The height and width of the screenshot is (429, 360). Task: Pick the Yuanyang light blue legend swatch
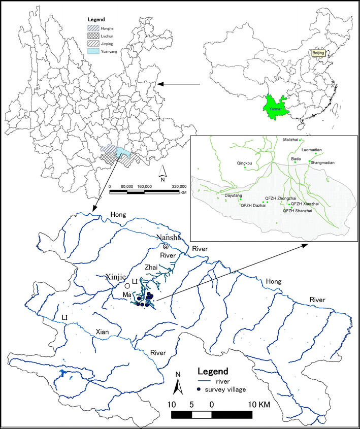click(x=92, y=51)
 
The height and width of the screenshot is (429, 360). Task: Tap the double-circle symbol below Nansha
click(x=166, y=246)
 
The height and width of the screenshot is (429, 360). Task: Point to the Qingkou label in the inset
click(x=244, y=163)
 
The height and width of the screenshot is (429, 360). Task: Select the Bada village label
click(x=296, y=159)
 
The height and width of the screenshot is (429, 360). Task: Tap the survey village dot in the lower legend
click(x=199, y=390)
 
